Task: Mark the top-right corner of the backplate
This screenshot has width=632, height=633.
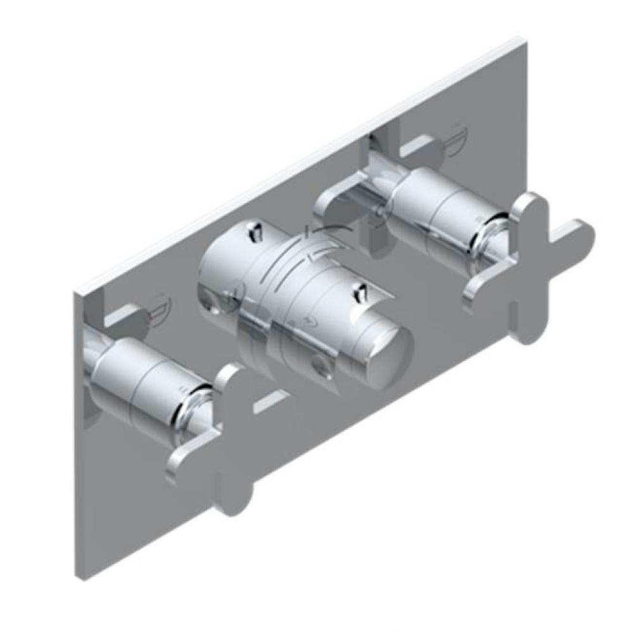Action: point(524,41)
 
